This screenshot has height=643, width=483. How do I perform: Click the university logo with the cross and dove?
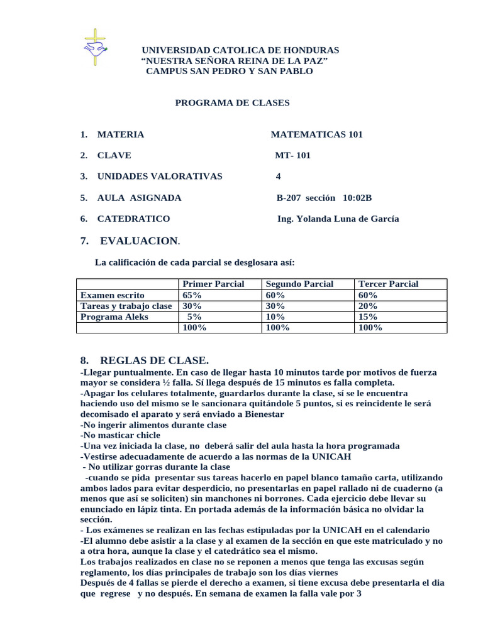95,48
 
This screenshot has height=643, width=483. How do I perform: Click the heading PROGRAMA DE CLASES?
232,103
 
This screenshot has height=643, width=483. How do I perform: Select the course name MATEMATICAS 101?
316,134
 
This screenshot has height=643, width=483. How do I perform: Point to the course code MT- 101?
292,156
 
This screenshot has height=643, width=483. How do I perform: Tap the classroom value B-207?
289,198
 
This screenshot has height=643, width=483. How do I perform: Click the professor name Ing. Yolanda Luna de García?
338,219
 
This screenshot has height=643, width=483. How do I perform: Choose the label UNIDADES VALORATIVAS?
160,176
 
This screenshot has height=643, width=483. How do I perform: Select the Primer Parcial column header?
213,284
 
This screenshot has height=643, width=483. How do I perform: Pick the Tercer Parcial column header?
388,284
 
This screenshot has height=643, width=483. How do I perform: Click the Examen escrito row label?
113,295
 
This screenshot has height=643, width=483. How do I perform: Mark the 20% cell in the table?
368,306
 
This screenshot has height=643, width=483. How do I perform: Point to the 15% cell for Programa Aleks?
368,317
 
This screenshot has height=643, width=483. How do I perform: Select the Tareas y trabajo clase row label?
126,306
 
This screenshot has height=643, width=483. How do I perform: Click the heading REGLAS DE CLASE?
153,360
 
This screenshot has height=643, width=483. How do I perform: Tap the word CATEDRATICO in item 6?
133,219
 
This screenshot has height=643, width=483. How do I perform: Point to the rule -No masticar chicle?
121,435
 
